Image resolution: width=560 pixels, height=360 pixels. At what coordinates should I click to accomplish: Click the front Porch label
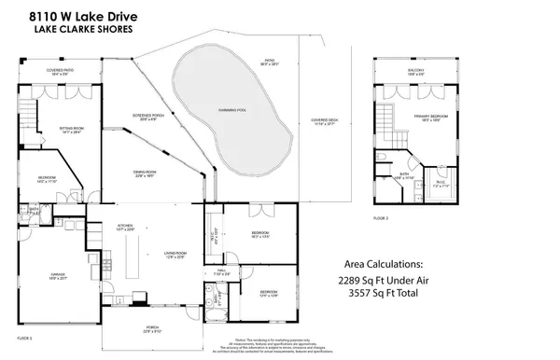click(x=151, y=327)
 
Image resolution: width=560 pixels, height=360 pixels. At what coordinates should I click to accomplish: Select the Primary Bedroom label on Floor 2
click(x=431, y=117)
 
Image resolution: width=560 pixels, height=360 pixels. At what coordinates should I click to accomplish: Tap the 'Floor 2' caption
click(x=381, y=217)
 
